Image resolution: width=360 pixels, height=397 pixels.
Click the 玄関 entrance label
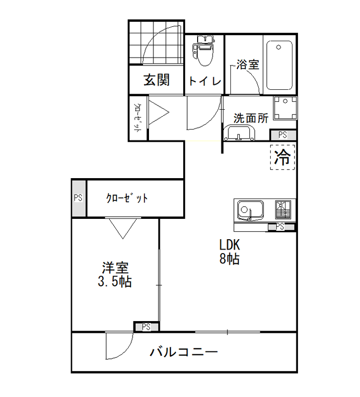tap(156, 80)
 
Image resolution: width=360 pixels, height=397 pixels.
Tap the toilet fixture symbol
tap(204, 51)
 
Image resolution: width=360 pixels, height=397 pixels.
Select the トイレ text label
tap(205, 81)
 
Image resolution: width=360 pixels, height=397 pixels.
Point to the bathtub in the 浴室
tap(279, 66)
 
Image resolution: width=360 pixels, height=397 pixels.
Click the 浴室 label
tap(247, 65)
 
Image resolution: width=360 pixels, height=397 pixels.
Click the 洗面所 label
tap(251, 118)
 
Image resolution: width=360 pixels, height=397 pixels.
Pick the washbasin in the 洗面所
tap(240, 133)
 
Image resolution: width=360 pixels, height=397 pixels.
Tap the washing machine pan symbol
tap(285, 108)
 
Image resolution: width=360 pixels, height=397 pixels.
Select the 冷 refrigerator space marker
tap(283, 157)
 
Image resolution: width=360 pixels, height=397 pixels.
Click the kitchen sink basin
tap(250, 210)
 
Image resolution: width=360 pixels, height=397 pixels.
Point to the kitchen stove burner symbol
tap(283, 209)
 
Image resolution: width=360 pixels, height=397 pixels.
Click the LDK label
tap(229, 245)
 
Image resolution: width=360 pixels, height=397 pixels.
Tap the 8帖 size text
tap(229, 259)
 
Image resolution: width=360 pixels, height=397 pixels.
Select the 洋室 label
tap(115, 267)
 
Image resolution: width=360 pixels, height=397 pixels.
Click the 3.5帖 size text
tap(115, 281)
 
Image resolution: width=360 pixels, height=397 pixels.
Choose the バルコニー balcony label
tap(184, 352)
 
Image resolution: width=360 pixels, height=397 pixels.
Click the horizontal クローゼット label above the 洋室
tap(127, 198)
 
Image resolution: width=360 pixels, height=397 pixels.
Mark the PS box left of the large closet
tap(78, 198)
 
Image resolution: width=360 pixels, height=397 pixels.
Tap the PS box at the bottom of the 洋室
tap(146, 327)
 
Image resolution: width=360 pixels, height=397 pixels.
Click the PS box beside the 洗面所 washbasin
tap(283, 135)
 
